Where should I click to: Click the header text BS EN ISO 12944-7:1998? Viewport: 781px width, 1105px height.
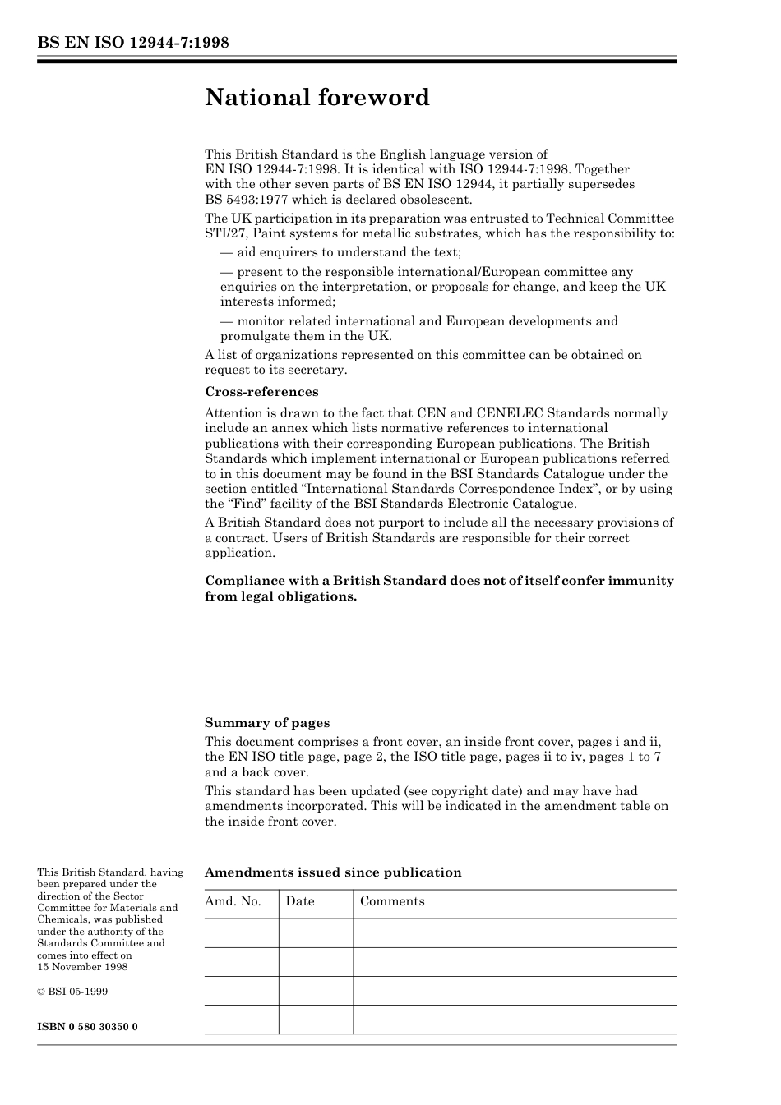click(x=132, y=43)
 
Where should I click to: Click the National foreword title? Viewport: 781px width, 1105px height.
click(x=317, y=98)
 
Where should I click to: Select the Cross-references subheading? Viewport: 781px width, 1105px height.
click(x=261, y=392)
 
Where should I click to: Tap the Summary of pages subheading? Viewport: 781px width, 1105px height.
click(x=267, y=723)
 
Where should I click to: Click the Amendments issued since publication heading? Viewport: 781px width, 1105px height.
click(x=333, y=872)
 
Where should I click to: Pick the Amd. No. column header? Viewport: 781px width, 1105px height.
click(x=233, y=901)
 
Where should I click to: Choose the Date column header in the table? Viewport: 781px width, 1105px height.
click(x=300, y=901)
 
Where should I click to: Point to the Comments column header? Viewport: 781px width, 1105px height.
click(x=392, y=901)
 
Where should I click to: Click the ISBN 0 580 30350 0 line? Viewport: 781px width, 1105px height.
click(x=87, y=1027)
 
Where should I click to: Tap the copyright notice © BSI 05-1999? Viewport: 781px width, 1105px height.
click(x=72, y=992)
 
